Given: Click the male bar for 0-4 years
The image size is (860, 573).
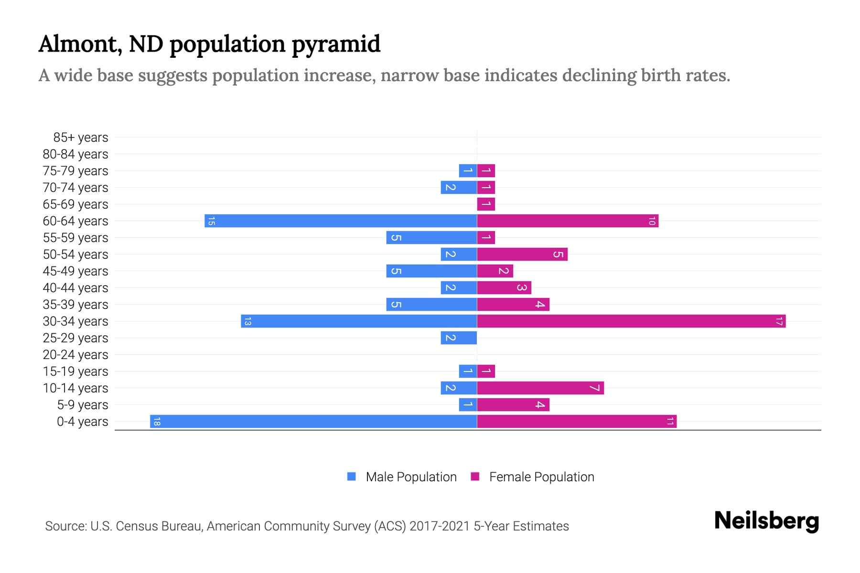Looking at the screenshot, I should click(313, 421).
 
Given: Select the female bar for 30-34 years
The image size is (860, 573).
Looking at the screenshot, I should click(631, 321).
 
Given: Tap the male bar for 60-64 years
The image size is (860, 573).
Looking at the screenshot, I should click(341, 221).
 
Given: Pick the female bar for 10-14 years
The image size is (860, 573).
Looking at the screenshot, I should click(540, 388).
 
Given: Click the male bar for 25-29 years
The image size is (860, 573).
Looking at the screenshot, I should click(459, 338).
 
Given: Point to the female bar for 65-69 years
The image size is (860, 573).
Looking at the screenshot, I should click(486, 204).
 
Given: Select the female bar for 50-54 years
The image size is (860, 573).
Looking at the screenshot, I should click(522, 254).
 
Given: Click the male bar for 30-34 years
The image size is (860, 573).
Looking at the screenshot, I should click(358, 321).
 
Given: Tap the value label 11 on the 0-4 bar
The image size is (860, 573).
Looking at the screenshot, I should click(670, 421).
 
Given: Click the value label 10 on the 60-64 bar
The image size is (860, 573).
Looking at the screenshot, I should click(652, 221).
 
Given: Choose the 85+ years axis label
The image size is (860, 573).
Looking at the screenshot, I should click(80, 138).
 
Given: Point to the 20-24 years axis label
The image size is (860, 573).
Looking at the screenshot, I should click(75, 355).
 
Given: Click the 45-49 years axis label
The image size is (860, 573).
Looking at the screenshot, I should click(75, 271).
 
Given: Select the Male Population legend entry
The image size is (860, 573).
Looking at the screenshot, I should click(411, 477).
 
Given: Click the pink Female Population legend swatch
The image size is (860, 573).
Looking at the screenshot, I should click(475, 477).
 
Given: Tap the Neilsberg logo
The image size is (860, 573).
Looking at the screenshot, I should click(766, 520).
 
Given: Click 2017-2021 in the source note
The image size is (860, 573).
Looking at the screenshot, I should click(439, 526).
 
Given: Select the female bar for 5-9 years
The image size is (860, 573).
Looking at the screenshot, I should click(513, 404).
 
